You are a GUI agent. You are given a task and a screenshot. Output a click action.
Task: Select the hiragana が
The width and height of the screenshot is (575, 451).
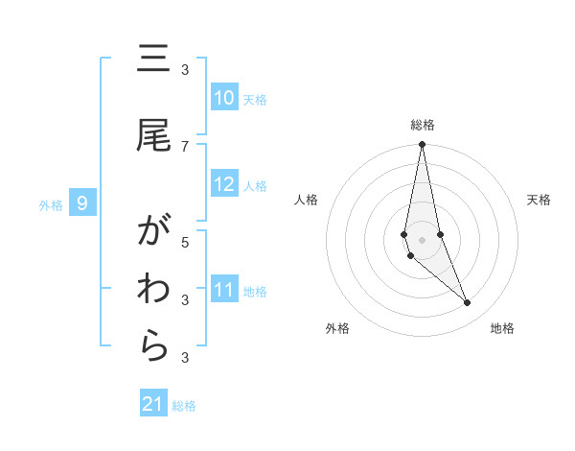(153, 232)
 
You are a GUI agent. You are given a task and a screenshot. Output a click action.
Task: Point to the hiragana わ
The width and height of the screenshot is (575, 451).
(153, 290)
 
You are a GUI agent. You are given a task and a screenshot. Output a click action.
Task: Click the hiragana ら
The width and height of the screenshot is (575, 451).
(153, 347)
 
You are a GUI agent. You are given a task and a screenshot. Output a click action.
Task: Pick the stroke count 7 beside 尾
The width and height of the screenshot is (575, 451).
(185, 146)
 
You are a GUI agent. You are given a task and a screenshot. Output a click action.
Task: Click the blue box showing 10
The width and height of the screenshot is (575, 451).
(224, 98)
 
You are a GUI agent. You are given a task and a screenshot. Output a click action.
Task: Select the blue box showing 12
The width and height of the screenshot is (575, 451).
(224, 184)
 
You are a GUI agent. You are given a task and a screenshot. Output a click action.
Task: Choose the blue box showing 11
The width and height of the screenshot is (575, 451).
(224, 290)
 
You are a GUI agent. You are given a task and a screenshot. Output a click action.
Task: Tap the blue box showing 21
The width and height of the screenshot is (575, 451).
(153, 404)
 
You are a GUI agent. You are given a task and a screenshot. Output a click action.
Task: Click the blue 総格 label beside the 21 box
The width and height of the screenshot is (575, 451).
(184, 406)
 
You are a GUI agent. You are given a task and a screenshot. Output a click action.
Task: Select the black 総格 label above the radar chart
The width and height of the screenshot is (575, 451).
(423, 125)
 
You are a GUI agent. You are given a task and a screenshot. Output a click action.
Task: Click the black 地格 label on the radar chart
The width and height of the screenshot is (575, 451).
(502, 328)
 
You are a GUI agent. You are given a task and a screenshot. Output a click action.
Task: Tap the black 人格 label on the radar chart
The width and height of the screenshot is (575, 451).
(307, 200)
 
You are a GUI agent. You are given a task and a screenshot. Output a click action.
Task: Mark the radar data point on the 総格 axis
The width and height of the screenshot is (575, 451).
(423, 145)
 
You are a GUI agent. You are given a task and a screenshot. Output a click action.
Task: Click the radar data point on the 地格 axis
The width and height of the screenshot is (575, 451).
(468, 303)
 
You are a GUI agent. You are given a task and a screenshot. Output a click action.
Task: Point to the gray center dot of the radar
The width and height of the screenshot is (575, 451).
(423, 239)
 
